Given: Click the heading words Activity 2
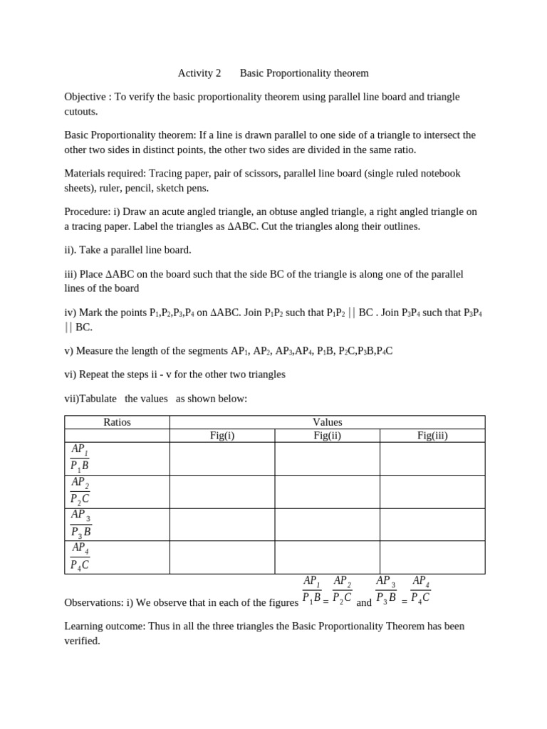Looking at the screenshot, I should pos(199,73).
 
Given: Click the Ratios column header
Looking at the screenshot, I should pos(117,422).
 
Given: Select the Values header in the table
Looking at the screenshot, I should pos(328,422).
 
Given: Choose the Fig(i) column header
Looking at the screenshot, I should pos(222,436).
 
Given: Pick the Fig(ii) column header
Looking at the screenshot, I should pos(328,436).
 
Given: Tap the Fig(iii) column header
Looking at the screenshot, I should pos(432,436).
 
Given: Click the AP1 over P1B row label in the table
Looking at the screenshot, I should pos(80,458).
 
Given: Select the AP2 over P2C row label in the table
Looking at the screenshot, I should pos(80,491).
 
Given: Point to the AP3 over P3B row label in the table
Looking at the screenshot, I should pos(80,524).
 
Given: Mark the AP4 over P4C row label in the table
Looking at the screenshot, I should pos(80,557).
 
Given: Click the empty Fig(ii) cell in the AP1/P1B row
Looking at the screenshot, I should pos(328,458).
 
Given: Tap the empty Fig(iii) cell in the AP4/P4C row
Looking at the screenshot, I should pos(432,557).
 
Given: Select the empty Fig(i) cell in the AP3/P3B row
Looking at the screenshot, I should pos(222,525).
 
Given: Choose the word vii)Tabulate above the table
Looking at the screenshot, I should pos(90,399).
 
